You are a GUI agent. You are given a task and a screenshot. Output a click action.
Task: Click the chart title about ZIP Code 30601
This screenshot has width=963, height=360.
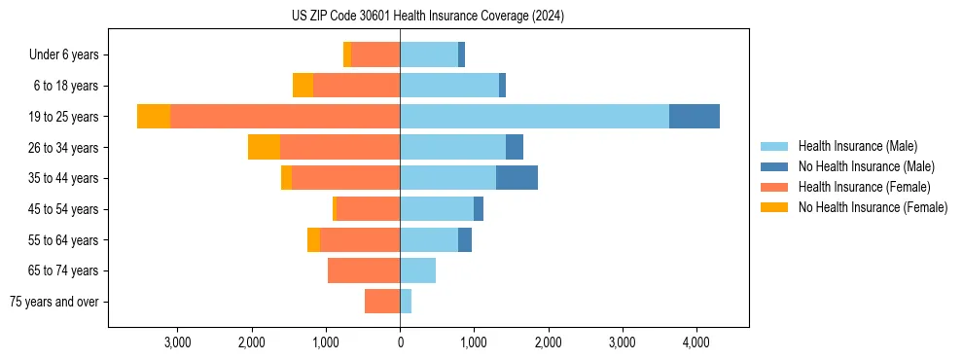click(x=428, y=17)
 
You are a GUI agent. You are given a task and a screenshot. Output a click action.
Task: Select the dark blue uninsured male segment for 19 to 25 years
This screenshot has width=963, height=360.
click(x=695, y=116)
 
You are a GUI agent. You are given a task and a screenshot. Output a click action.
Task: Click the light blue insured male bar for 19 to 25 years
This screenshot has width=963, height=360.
click(x=534, y=116)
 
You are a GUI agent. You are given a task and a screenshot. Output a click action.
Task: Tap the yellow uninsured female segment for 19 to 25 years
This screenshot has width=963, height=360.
click(x=154, y=116)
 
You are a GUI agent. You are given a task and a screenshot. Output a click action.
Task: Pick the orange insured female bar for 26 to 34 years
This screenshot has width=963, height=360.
click(x=339, y=147)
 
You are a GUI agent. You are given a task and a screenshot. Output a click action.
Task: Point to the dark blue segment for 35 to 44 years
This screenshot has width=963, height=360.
click(x=517, y=178)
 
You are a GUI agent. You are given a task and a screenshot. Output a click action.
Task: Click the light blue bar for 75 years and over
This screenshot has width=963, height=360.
click(x=406, y=302)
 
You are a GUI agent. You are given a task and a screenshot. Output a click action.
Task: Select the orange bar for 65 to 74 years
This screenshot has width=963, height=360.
click(x=364, y=270)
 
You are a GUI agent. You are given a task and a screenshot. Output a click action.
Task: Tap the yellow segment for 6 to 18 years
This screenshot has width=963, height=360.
click(x=303, y=86)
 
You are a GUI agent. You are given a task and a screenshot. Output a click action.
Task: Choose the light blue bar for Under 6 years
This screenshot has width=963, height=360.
click(x=429, y=54)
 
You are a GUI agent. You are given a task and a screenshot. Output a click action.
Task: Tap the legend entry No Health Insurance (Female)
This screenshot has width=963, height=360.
click(x=872, y=207)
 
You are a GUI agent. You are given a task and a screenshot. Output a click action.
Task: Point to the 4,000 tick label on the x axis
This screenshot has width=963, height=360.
click(x=695, y=342)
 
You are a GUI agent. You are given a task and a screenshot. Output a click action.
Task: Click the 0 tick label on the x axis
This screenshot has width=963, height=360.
click(x=400, y=342)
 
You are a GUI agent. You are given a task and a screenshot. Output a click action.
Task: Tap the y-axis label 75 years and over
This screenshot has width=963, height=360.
click(x=54, y=302)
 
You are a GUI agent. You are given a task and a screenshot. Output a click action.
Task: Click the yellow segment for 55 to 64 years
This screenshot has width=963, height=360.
click(x=313, y=239)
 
